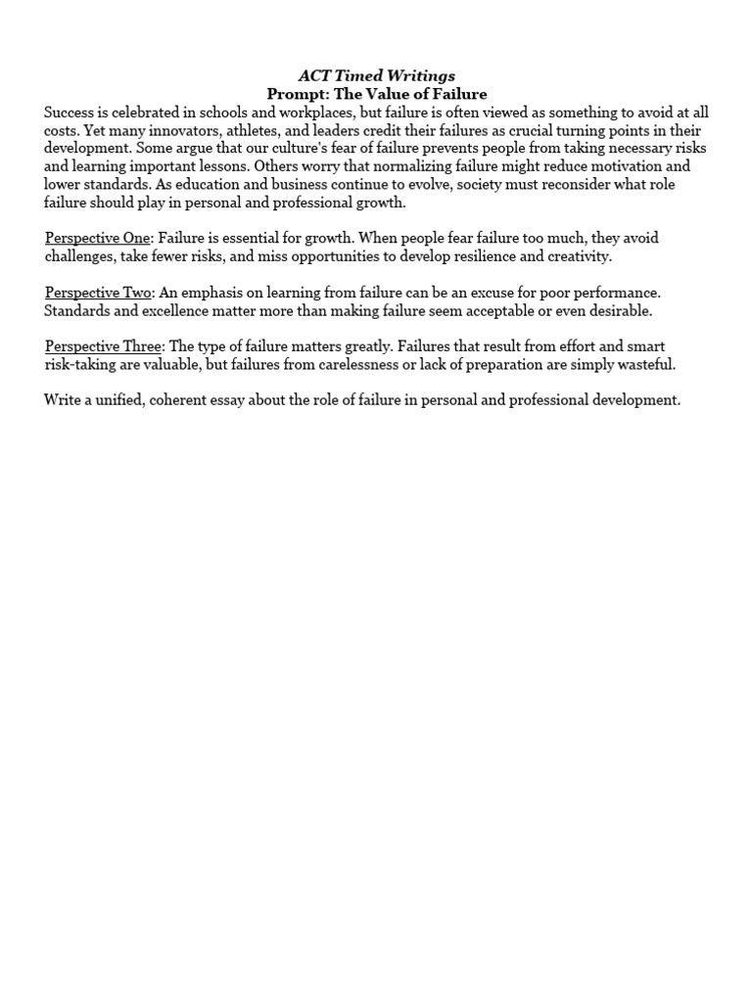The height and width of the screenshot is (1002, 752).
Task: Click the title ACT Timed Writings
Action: point(377,75)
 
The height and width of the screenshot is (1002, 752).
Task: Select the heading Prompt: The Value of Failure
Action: point(377,94)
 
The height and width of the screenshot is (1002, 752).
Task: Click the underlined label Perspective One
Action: point(98,238)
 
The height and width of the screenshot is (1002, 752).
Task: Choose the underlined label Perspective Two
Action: point(98,293)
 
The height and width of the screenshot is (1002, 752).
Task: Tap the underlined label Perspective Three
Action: point(103,346)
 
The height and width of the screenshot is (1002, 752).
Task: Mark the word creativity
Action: point(577,256)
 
